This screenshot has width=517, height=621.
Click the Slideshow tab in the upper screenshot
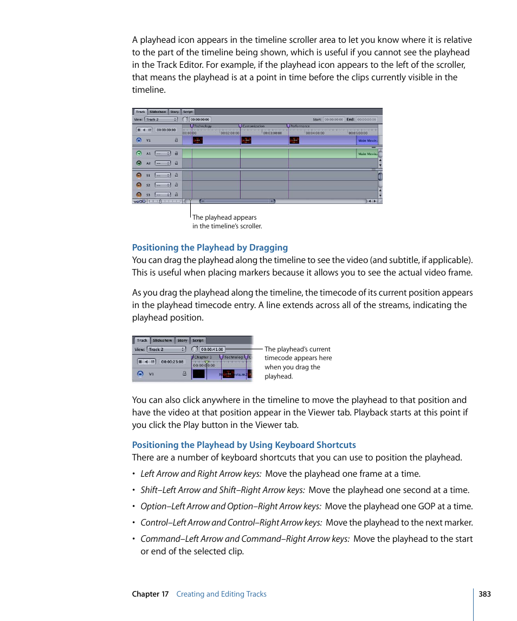tap(158, 112)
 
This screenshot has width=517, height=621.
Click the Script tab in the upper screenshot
tap(188, 112)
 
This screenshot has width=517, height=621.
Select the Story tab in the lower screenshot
tap(183, 341)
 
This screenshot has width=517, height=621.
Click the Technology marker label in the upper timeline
tap(203, 126)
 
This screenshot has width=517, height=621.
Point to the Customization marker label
tap(253, 126)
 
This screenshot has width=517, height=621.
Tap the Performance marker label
tap(300, 126)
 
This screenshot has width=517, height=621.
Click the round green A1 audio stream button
tap(139, 153)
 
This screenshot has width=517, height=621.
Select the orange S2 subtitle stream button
tap(139, 185)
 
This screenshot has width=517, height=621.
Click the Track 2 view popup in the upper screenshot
tap(161, 119)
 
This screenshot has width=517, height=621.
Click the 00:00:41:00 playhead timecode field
tap(212, 349)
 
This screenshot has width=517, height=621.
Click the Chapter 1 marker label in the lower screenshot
tap(203, 357)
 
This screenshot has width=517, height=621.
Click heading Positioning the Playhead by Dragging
tap(210, 248)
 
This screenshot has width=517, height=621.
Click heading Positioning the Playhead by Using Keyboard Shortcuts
tap(244, 445)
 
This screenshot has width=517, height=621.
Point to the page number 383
tap(484, 594)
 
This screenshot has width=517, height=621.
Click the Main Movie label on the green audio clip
tap(367, 154)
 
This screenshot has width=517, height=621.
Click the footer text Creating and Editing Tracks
tap(221, 594)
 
